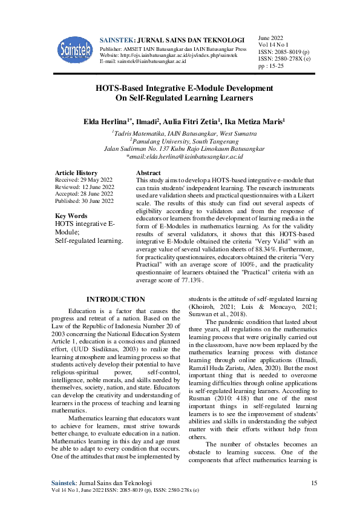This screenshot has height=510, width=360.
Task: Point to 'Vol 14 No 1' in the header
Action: (273, 44)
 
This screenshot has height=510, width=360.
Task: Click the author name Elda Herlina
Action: (108, 122)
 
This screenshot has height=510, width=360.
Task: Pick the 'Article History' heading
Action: (76, 173)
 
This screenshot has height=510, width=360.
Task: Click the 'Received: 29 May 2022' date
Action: (83, 180)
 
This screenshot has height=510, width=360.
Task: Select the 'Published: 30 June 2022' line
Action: (84, 200)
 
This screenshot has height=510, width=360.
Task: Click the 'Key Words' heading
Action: (71, 216)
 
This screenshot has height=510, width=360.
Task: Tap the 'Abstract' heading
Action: (149, 173)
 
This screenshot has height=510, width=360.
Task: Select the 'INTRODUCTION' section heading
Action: (116, 299)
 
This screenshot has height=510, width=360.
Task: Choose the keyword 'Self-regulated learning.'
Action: (89, 241)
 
